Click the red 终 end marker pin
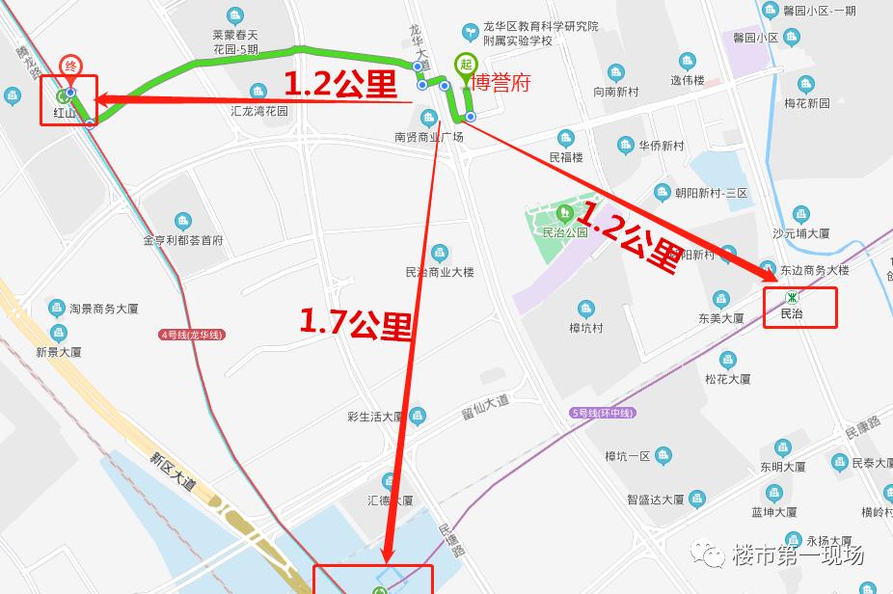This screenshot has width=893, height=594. [x=70, y=67]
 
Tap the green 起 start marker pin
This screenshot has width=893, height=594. [x=465, y=65]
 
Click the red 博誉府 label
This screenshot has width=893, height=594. [x=499, y=82]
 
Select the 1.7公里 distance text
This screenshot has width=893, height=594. [x=356, y=321]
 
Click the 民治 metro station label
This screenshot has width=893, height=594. [x=792, y=313]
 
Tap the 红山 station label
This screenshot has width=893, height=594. [x=64, y=113]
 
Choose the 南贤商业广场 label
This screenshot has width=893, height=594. [x=429, y=137]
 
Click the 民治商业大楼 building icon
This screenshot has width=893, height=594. [x=440, y=254]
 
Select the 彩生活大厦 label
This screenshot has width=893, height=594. [x=375, y=417]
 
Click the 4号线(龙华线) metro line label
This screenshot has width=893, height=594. [x=192, y=335]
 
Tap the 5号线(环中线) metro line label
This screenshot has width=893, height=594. [x=604, y=413]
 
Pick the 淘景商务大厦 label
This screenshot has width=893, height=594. [x=104, y=310]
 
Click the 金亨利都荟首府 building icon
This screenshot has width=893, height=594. [x=182, y=222]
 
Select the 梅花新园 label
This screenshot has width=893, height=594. [x=806, y=103]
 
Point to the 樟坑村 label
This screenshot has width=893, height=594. [x=585, y=328]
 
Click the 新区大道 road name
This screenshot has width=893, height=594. [x=173, y=472]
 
